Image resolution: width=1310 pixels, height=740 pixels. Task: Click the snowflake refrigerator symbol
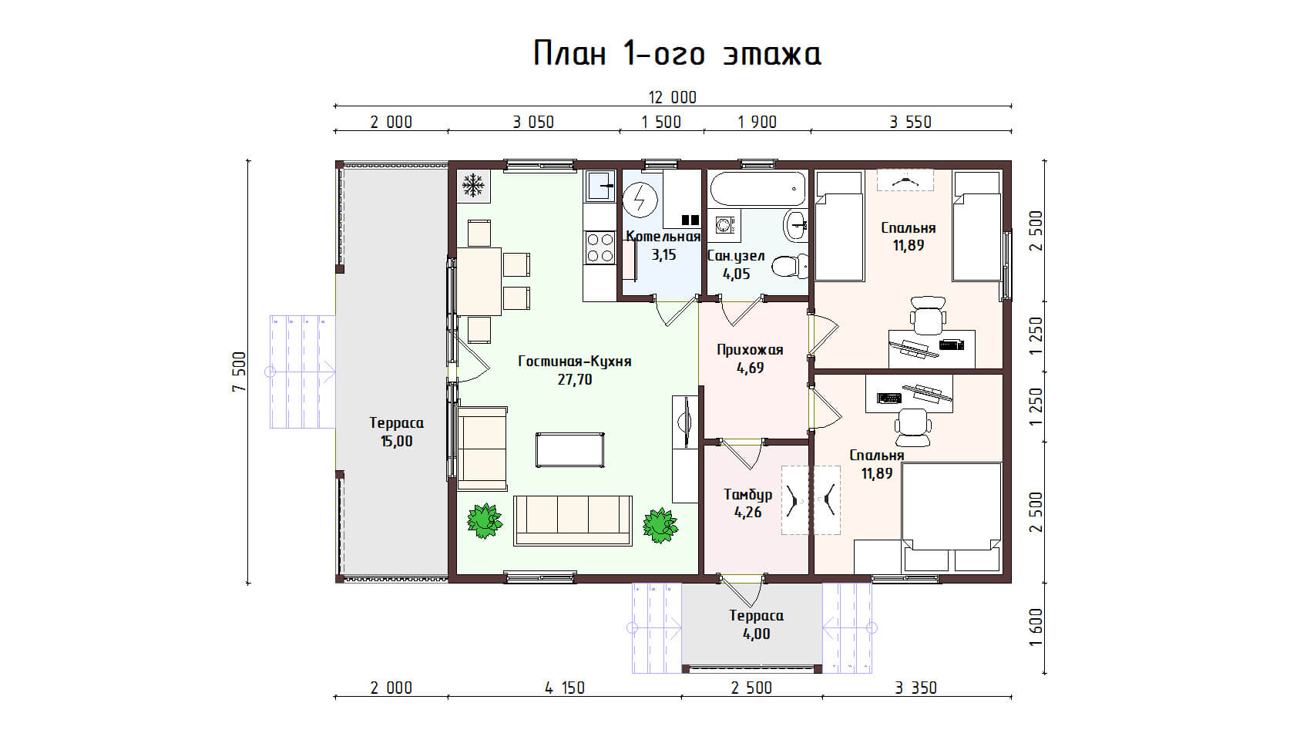[x=473, y=186]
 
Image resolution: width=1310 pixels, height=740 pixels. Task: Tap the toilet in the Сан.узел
[x=790, y=267]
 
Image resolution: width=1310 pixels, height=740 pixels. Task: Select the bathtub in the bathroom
[x=757, y=189]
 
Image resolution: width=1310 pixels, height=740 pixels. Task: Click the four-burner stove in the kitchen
[x=600, y=248]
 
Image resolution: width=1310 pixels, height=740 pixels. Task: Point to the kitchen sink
[x=600, y=186]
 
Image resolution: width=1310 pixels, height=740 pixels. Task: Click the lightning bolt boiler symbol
[x=640, y=200]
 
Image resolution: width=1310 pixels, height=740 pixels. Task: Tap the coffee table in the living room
[x=570, y=449]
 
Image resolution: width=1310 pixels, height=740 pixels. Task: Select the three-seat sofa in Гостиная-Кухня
[x=573, y=520]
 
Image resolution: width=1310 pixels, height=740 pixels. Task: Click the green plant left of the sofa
[x=484, y=520]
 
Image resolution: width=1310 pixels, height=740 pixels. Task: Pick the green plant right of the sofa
[x=660, y=525]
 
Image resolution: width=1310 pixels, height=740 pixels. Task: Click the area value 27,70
[x=575, y=380]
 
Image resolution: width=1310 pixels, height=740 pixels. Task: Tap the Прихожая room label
[x=750, y=350]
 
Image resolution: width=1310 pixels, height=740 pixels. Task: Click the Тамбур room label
[x=748, y=495]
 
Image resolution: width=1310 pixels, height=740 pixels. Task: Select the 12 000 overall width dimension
[x=673, y=97]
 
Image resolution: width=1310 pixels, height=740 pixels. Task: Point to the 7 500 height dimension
[x=239, y=372]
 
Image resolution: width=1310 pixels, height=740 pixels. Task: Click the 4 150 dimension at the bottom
[x=565, y=688]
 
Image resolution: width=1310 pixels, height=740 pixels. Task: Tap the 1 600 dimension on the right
[x=1036, y=627]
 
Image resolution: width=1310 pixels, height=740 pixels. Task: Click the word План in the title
[x=569, y=53]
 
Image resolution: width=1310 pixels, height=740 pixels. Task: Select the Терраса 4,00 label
[x=756, y=624]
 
